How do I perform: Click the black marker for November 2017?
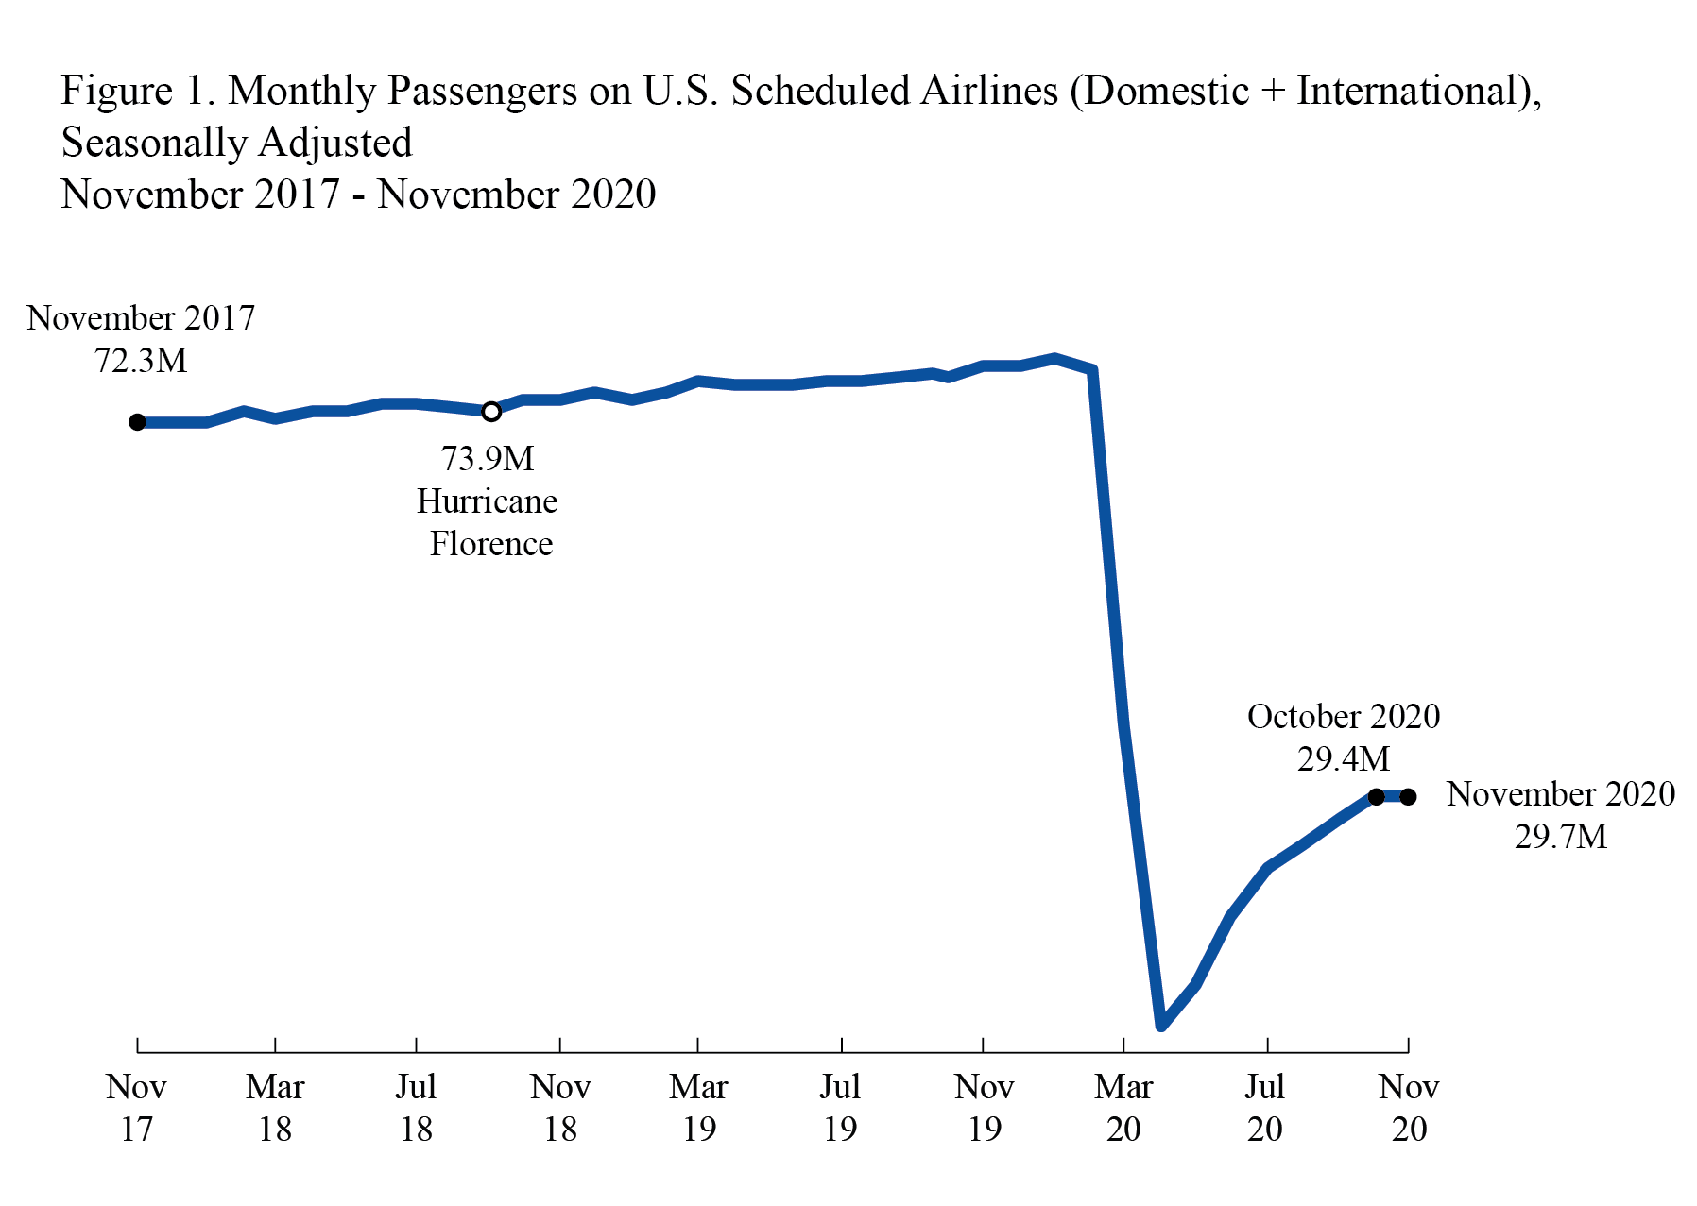click(x=138, y=422)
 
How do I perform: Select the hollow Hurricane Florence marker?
click(x=491, y=412)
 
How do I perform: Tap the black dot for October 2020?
click(x=1377, y=797)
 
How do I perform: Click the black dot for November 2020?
click(x=1408, y=797)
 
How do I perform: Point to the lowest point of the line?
click(x=1162, y=1026)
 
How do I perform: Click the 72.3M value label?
click(x=141, y=361)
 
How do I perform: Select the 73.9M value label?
click(x=488, y=459)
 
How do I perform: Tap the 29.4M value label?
click(x=1343, y=759)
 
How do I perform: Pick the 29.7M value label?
click(x=1560, y=837)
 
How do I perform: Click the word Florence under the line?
click(x=490, y=544)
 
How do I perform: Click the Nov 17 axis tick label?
click(x=137, y=1108)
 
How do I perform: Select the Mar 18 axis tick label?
click(x=275, y=1108)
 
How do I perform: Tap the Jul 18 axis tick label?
click(x=416, y=1108)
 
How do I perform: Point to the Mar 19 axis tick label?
click(x=698, y=1108)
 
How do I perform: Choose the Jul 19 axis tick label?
click(x=840, y=1108)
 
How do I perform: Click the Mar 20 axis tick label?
click(x=1123, y=1108)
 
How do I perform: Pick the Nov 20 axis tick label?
click(x=1408, y=1108)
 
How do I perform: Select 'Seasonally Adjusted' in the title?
click(x=237, y=144)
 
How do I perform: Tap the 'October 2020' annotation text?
click(x=1343, y=717)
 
